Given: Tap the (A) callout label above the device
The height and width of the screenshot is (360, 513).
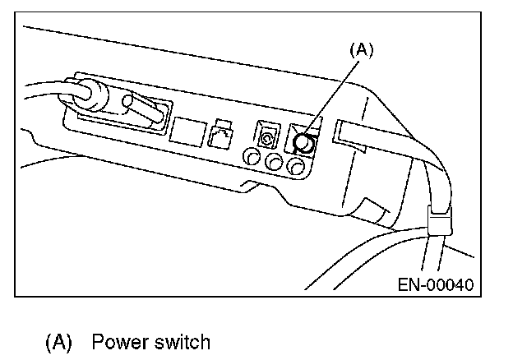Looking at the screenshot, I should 361,50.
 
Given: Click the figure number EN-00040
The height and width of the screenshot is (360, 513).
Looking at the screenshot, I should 436,285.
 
